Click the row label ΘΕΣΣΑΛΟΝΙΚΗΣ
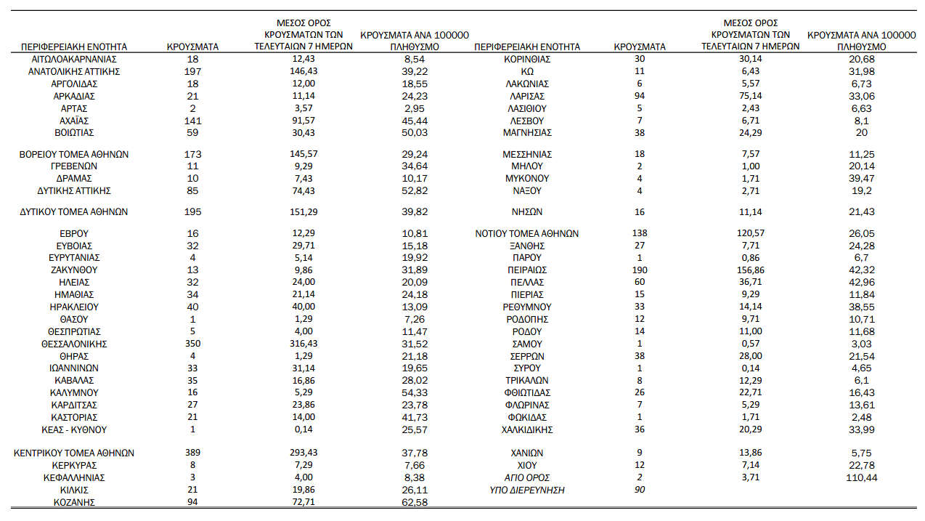[x=74, y=344]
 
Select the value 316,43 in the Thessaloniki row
[x=303, y=344]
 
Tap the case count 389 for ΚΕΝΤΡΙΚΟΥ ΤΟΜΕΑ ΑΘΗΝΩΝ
[x=193, y=453]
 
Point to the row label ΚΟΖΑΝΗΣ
[x=74, y=502]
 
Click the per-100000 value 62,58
[x=415, y=502]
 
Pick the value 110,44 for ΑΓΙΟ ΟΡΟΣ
[x=862, y=477]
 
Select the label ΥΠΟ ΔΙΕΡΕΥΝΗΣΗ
[x=527, y=490]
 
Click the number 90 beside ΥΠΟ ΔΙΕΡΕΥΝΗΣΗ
[x=640, y=490]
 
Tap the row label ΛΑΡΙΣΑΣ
[x=527, y=96]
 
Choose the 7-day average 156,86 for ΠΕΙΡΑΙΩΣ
[x=751, y=270]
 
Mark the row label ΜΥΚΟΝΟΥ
[x=527, y=178]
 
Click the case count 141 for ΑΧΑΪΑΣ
[x=193, y=121]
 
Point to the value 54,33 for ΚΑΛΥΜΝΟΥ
[x=415, y=392]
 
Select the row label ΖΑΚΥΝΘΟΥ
[x=74, y=270]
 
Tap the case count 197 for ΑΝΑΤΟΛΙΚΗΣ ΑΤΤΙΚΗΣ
[x=193, y=71]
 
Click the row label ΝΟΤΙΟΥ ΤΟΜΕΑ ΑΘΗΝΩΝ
[x=527, y=234]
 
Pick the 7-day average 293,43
[x=303, y=453]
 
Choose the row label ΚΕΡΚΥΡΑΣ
[x=74, y=465]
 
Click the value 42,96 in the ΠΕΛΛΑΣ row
[x=862, y=282]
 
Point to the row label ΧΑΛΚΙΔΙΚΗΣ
[x=527, y=429]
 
